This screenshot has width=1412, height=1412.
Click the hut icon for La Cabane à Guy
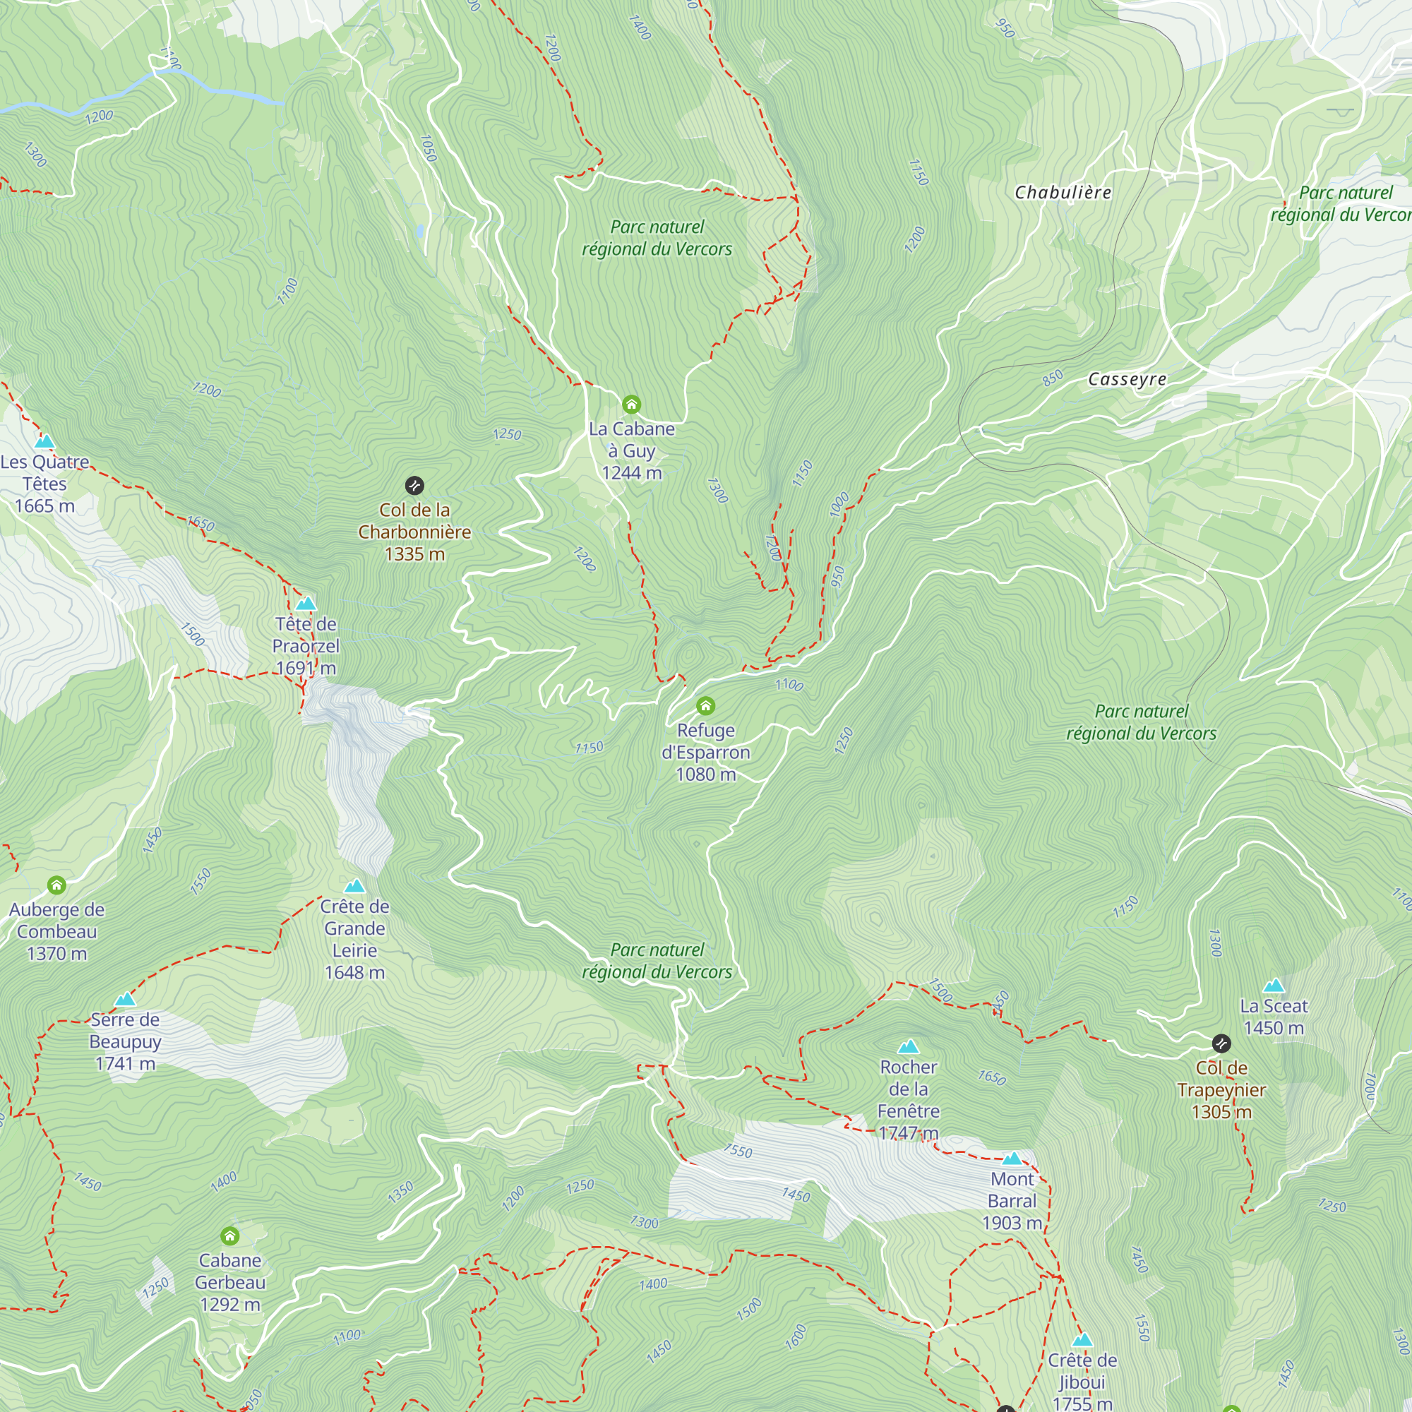631,404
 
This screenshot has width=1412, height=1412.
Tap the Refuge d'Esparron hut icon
705,705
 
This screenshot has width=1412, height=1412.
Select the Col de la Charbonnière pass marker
414,485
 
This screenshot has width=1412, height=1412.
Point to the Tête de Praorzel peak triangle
306,604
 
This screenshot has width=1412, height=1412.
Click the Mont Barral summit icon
1012,1159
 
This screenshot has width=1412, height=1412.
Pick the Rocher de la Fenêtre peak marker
909,1046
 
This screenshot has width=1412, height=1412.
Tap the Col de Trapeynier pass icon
1221,1043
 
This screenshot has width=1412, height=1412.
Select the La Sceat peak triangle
1274,985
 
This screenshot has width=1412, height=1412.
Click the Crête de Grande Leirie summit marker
354,887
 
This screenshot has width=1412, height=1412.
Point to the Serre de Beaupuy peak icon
125,999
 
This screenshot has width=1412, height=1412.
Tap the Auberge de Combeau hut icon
56,886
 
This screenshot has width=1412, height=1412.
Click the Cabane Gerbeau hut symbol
229,1236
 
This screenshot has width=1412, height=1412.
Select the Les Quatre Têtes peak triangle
44,441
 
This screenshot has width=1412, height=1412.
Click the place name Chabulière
1063,192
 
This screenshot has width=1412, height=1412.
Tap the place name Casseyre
1127,378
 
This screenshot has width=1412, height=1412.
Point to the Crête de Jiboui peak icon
1082,1340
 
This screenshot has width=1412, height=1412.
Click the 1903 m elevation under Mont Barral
1012,1223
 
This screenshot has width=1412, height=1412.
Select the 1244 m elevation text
631,473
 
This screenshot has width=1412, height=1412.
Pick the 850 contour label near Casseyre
1053,378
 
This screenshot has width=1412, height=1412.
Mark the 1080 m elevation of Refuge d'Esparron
705,774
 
